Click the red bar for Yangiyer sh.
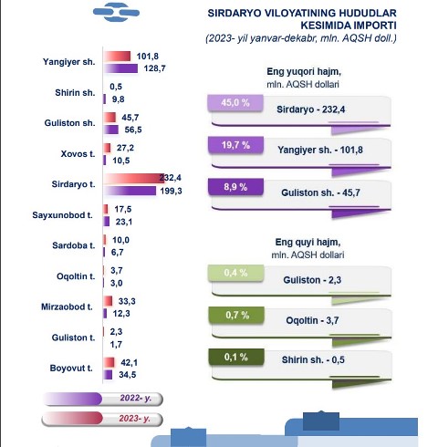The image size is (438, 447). (117, 57)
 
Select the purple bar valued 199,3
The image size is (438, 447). (130, 191)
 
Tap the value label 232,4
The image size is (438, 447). (171, 178)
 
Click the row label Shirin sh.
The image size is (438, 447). (75, 92)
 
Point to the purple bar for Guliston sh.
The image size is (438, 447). (111, 130)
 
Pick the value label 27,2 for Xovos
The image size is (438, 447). (125, 148)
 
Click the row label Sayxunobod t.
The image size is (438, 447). (62, 215)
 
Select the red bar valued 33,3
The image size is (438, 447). (108, 301)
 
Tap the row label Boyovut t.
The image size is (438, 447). (71, 368)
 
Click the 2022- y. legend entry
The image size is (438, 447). (102, 399)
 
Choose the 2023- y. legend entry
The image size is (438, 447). (102, 419)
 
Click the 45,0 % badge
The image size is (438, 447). (235, 103)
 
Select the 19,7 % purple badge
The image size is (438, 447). (235, 145)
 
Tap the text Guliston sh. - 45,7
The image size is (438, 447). (320, 192)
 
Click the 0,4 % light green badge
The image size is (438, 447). (236, 273)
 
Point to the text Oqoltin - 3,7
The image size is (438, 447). (312, 320)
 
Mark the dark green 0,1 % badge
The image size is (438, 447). (236, 357)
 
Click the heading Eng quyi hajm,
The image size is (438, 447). (308, 242)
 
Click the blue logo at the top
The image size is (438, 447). (116, 13)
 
